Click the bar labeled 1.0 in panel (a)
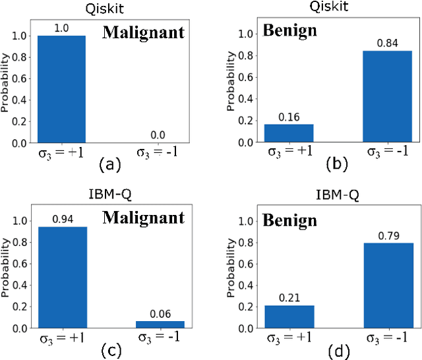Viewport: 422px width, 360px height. point(61,89)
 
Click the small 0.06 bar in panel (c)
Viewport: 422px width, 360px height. point(160,324)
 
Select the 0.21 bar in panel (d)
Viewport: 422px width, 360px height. point(289,316)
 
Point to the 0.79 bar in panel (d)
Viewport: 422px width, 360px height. point(387,285)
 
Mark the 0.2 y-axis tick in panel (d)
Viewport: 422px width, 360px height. point(245,307)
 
